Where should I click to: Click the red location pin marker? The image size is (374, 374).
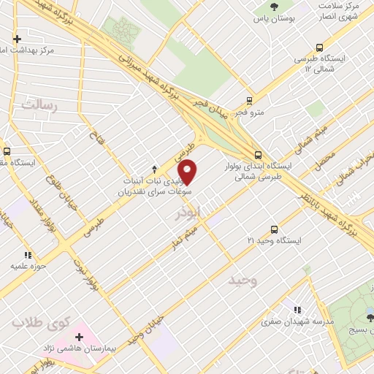pos(188,171)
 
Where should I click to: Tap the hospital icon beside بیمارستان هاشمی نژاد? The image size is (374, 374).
pos(80,337)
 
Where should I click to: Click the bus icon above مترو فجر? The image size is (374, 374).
pos(250,101)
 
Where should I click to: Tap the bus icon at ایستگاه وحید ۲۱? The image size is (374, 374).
pos(274,229)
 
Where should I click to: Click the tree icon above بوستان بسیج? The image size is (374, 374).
pos(370,316)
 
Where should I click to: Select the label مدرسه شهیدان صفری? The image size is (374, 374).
pos(299,321)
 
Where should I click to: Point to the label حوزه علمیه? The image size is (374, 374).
pos(28,267)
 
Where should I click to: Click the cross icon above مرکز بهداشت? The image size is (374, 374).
pos(17,39)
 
